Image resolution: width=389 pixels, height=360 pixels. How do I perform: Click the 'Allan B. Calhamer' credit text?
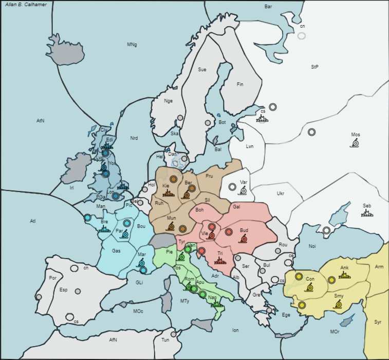click(26, 5)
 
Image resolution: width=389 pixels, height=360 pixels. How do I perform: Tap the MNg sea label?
click(132, 45)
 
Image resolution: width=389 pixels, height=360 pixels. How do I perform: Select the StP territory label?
click(314, 67)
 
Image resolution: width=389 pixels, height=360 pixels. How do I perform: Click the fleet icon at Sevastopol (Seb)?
click(367, 212)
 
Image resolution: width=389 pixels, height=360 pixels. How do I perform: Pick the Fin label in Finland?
click(240, 84)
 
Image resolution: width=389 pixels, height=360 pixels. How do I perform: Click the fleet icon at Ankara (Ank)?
click(344, 275)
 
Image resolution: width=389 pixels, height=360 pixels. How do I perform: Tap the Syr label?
click(378, 322)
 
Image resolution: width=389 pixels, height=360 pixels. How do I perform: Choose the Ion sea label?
click(235, 330)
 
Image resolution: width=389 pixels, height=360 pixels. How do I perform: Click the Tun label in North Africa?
click(165, 340)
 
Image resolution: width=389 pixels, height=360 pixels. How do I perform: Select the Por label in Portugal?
click(52, 278)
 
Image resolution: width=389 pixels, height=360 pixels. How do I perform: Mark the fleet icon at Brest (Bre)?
click(105, 229)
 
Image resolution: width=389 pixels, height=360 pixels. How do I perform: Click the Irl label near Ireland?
click(72, 188)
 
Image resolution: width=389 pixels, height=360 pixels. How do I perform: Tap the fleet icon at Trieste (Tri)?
click(220, 260)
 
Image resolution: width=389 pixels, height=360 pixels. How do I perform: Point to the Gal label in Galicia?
click(236, 207)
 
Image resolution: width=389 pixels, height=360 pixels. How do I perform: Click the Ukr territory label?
click(280, 193)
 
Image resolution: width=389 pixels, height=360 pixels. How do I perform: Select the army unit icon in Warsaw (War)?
click(244, 190)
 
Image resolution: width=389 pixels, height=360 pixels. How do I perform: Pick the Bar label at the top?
click(268, 7)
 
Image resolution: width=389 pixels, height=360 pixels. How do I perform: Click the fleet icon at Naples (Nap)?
click(216, 305)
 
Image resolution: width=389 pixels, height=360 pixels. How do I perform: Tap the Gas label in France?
click(116, 251)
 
